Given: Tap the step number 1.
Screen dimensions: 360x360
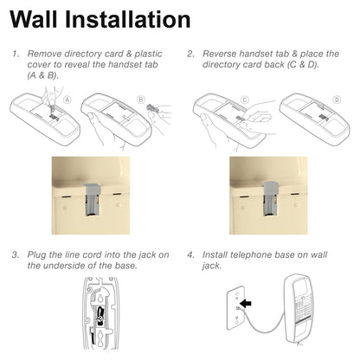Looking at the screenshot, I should pyautogui.click(x=15, y=53).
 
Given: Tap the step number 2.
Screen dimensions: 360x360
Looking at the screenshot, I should pyautogui.click(x=190, y=53).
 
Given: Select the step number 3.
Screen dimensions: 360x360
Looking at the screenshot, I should pyautogui.click(x=15, y=255).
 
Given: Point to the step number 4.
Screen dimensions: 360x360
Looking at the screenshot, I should pyautogui.click(x=190, y=255).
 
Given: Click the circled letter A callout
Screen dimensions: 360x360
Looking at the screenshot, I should pyautogui.click(x=66, y=100).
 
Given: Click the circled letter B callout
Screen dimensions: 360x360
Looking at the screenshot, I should pyautogui.click(x=141, y=100).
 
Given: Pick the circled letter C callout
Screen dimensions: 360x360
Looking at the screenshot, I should pyautogui.click(x=245, y=100).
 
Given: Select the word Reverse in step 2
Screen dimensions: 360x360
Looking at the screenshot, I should pyautogui.click(x=222, y=53).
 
